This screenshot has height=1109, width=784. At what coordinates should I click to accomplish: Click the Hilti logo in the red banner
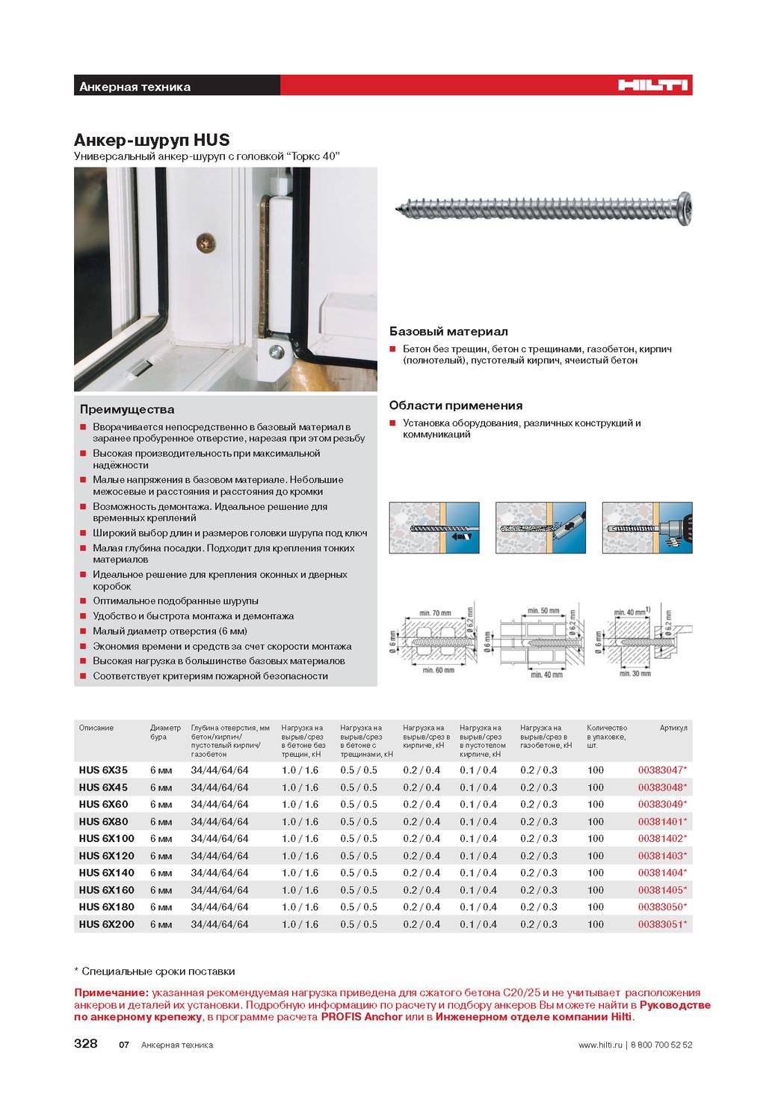coord(652,86)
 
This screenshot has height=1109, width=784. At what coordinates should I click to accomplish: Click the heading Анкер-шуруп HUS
coord(151,140)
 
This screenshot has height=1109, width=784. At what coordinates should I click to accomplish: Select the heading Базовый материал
coord(438,331)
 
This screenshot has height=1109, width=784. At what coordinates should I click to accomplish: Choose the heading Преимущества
coord(127,409)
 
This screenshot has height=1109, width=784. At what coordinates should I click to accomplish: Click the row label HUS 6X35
coord(103,769)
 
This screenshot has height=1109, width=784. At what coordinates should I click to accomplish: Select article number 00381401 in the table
coord(661,821)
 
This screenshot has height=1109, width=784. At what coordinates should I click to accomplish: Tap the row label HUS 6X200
coord(106,924)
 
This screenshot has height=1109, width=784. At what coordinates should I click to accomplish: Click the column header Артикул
coord(673,728)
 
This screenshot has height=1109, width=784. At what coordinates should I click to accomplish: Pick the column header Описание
coord(96,728)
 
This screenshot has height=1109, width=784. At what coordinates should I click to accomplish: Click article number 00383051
coord(661,924)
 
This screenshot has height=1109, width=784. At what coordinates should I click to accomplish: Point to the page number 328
coord(85,1044)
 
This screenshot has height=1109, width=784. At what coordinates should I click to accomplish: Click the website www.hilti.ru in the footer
coord(600,1045)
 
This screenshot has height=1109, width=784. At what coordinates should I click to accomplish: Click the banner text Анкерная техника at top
coord(135,87)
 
